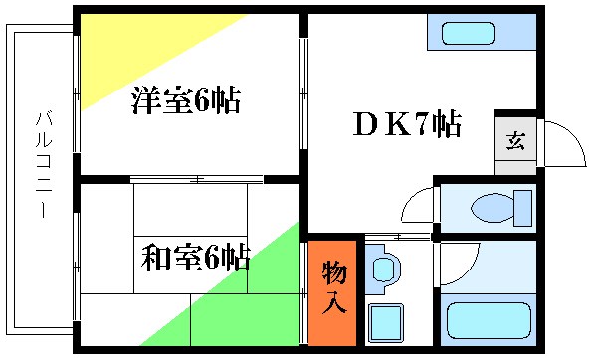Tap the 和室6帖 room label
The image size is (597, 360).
coord(194,259)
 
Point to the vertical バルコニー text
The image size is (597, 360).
coord(43,165)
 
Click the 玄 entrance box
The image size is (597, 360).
coord(515,140)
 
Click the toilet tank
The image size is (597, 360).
coord(522,208)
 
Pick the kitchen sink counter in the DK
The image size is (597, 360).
coord(482,32)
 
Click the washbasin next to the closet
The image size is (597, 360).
coord(383,270)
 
